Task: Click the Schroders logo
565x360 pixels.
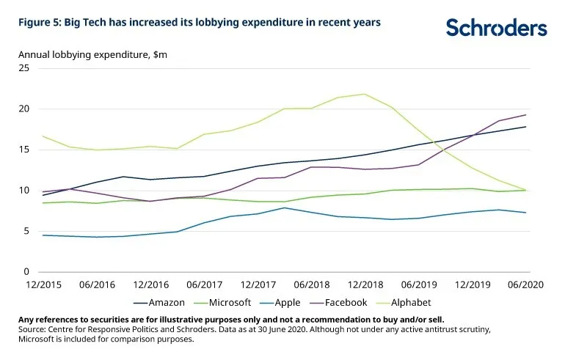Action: (x=497, y=28)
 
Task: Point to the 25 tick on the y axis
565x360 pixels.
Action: (x=23, y=68)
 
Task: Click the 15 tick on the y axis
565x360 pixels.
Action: (x=23, y=150)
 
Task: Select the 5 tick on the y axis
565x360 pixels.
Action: (x=26, y=231)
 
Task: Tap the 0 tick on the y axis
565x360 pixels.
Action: (x=26, y=272)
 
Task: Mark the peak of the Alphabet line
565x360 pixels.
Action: (x=365, y=94)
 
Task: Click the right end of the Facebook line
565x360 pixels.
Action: (x=526, y=114)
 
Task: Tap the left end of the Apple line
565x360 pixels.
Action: (x=43, y=235)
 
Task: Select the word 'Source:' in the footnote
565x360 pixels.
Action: (x=34, y=329)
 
